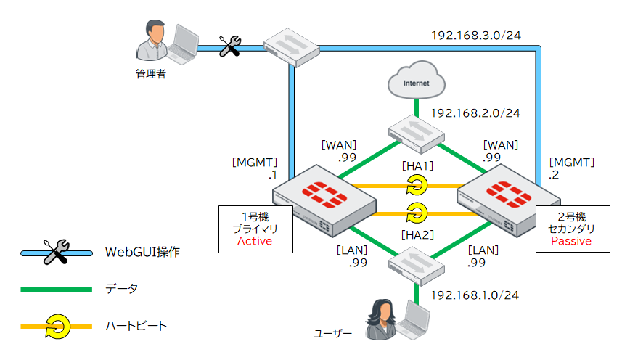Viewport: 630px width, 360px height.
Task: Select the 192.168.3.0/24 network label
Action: click(475, 35)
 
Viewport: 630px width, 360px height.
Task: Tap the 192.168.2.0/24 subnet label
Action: click(475, 113)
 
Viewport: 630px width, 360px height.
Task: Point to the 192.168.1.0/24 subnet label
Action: click(475, 295)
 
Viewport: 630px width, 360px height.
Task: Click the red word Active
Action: click(255, 241)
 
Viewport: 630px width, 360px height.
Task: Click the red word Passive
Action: click(571, 241)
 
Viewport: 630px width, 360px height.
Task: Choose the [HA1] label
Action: click(417, 166)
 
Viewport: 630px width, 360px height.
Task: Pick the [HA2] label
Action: click(417, 234)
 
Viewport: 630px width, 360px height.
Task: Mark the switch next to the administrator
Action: click(292, 48)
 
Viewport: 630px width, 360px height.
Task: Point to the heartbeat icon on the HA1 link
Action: click(417, 187)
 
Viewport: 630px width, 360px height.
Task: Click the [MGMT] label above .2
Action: click(573, 162)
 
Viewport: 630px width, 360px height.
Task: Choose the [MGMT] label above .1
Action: click(255, 162)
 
